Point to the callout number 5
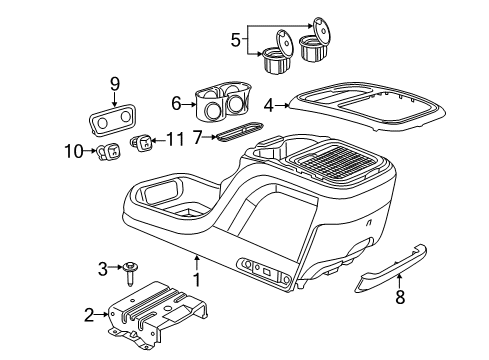point(235,41)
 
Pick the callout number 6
point(176,102)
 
